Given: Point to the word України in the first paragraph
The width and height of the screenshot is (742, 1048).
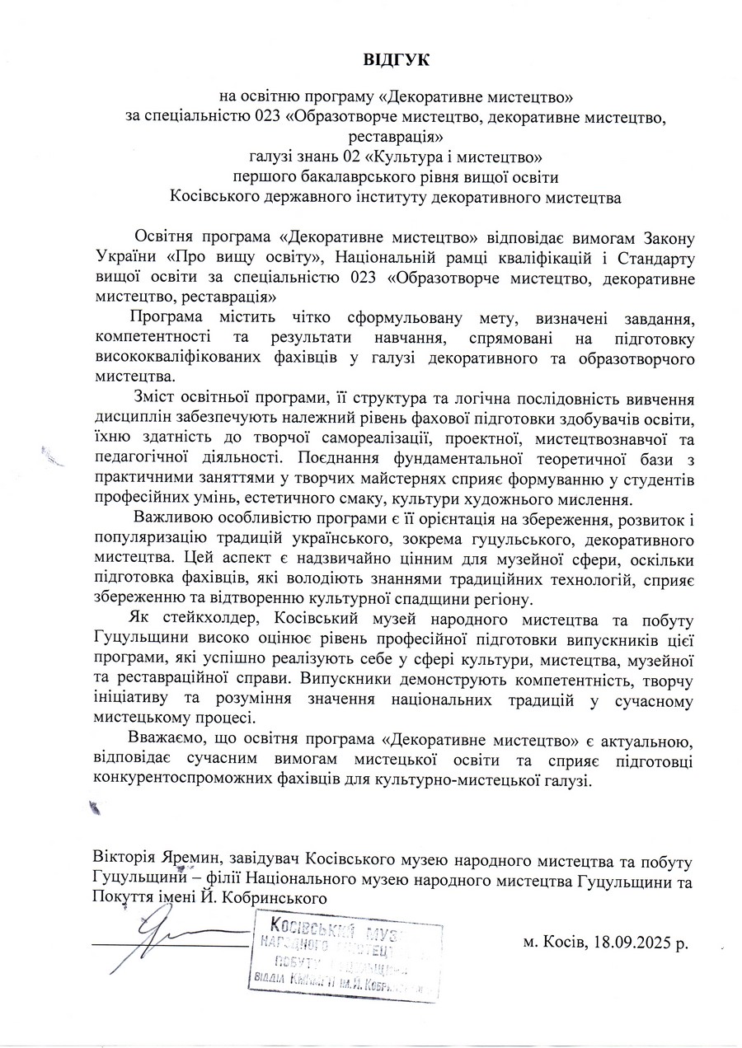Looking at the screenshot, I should [122, 258].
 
